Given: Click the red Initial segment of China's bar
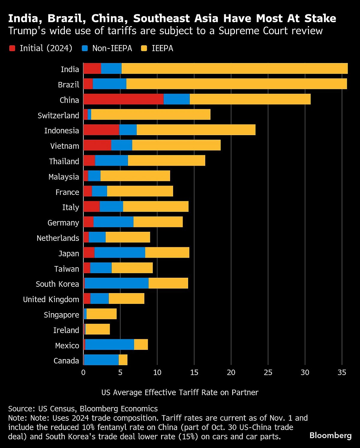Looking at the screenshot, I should (123, 99).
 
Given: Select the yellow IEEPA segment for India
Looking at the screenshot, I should (234, 68).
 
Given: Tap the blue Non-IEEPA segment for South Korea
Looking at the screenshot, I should (116, 283).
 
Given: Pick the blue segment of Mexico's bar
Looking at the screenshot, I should (109, 345).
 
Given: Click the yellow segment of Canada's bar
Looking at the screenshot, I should (123, 360).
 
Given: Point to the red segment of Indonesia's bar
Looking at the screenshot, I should (101, 130).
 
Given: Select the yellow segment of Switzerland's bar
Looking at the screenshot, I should (151, 114).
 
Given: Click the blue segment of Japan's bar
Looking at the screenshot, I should (120, 253).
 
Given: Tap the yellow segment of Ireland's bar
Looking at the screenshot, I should (97, 329).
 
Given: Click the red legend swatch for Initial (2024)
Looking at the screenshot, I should (12, 48).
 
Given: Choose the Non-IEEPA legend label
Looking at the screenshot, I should (112, 48).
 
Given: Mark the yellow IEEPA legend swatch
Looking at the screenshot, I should (144, 48).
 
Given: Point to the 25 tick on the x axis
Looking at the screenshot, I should (268, 373).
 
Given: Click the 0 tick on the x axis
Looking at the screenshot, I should (83, 373).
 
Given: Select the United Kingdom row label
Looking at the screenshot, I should (51, 299).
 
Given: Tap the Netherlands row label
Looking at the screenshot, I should (58, 238).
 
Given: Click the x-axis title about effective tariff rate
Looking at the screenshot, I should (180, 392).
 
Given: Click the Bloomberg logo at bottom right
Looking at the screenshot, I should (330, 435).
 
